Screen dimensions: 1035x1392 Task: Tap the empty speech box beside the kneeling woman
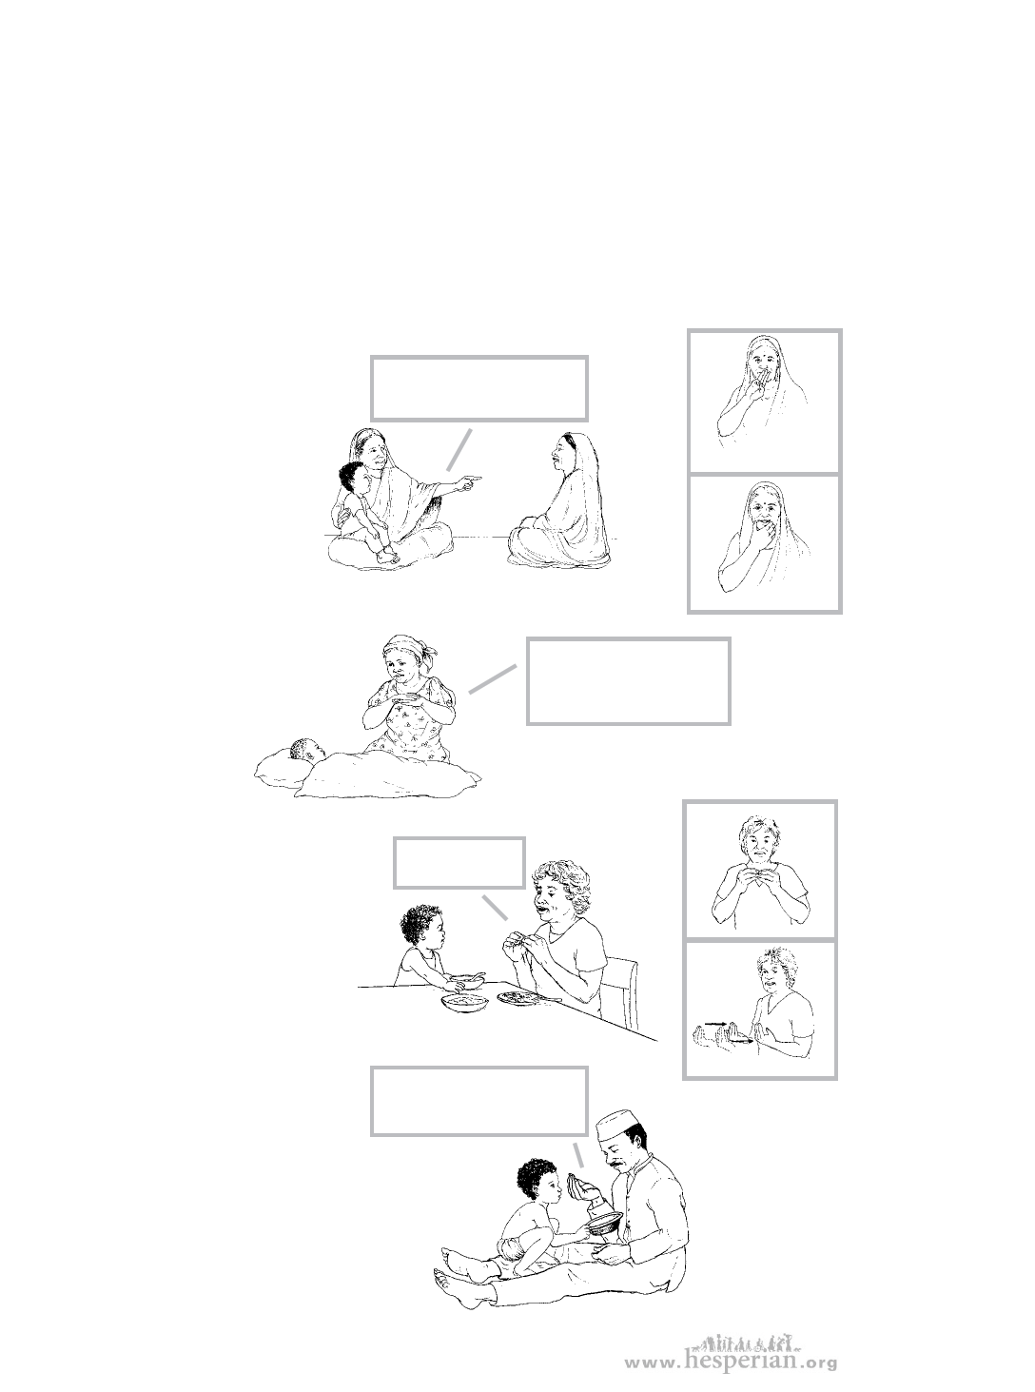pyautogui.click(x=628, y=681)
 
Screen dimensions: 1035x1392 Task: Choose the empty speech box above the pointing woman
pyautogui.click(x=478, y=388)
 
